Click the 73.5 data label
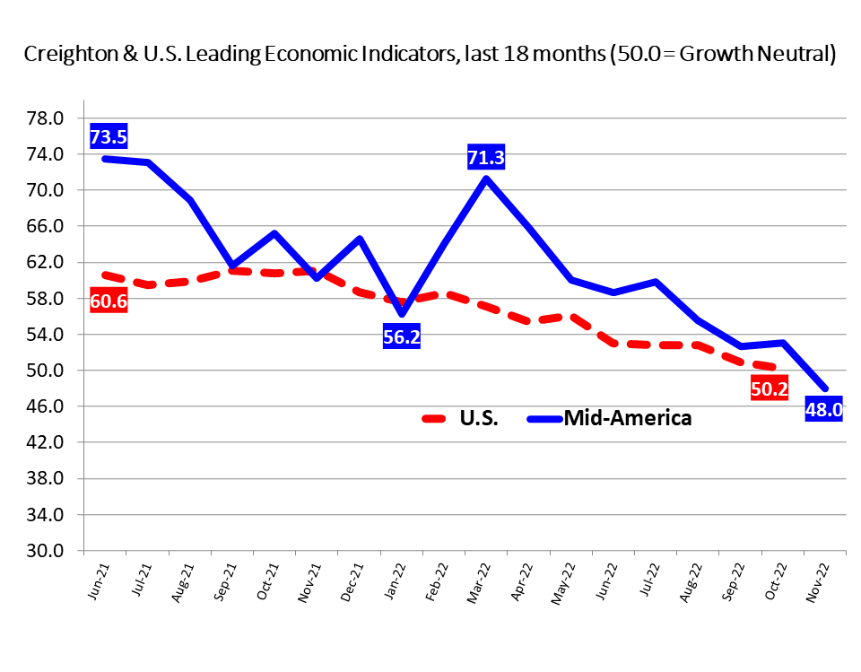click(x=109, y=137)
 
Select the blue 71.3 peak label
click(x=486, y=159)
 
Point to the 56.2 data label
click(x=402, y=337)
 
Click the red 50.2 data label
click(x=770, y=388)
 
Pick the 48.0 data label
click(x=823, y=410)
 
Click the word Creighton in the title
click(x=66, y=55)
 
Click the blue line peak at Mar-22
click(x=486, y=178)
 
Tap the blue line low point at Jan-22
click(x=402, y=313)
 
